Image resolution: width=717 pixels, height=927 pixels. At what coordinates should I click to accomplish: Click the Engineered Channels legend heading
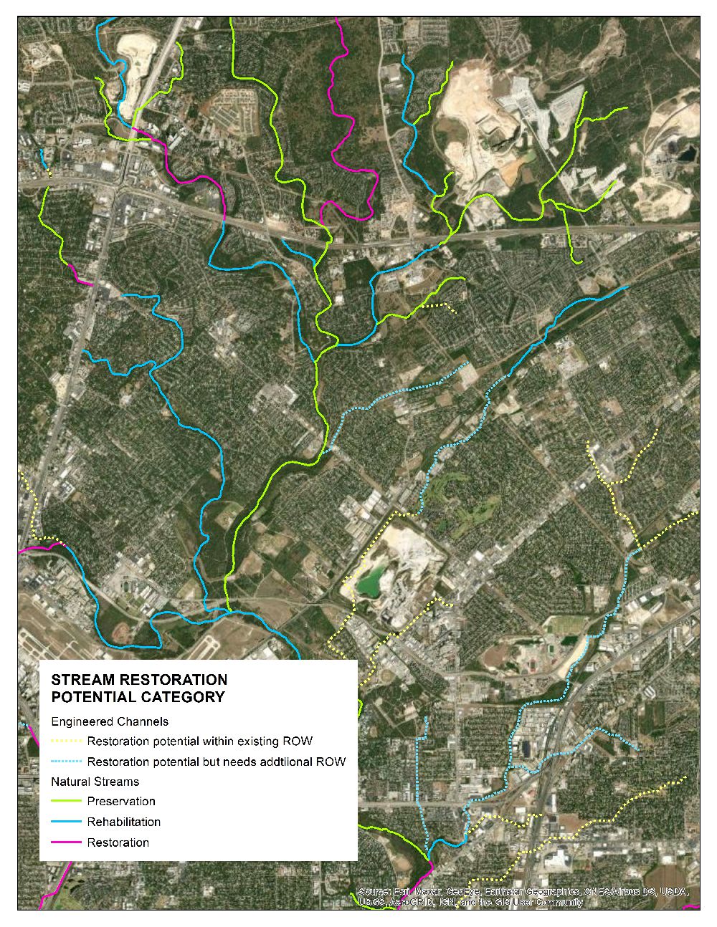(110, 721)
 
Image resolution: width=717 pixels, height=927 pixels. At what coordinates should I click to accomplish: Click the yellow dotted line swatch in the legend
(66, 741)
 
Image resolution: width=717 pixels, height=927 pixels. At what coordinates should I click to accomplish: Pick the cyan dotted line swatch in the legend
(66, 762)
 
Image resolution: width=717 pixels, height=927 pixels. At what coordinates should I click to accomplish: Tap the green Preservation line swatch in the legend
(66, 802)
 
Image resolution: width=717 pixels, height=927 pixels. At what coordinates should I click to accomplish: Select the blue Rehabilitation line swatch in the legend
(66, 822)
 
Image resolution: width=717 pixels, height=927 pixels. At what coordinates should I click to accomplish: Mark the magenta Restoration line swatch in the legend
(66, 842)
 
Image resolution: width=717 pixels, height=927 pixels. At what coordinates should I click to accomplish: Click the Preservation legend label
(121, 802)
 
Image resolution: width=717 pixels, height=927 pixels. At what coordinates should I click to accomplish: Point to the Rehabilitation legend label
(124, 822)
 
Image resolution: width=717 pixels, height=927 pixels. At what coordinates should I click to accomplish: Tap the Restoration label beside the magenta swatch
(118, 842)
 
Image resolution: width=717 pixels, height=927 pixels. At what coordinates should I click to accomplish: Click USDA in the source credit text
(675, 892)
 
